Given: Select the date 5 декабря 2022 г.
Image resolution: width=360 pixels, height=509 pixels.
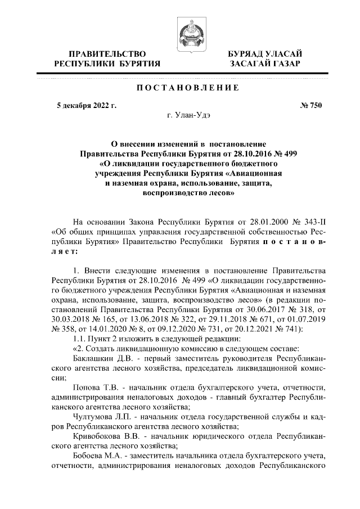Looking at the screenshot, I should pos(87,105).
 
